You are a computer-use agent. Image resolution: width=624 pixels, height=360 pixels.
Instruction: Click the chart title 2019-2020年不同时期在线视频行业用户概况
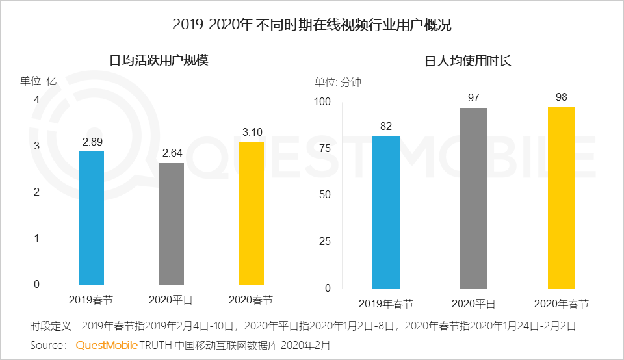[x=312, y=25]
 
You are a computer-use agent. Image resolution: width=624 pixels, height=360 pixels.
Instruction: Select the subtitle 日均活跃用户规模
[x=159, y=61]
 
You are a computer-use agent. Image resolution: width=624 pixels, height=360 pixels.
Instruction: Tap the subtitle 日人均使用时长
[x=468, y=61]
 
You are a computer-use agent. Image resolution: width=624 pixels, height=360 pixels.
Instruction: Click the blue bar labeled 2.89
[x=91, y=218]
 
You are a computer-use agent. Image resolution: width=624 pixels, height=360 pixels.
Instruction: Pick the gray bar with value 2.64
[x=172, y=224]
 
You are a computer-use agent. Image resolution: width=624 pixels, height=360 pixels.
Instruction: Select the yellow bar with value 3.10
[x=252, y=212]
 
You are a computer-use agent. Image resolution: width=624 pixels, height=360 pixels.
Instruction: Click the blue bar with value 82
[x=386, y=212]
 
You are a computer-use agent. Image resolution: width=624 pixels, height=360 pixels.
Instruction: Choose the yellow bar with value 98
[x=561, y=197]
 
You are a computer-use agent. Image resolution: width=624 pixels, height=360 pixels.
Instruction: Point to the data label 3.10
[x=252, y=132]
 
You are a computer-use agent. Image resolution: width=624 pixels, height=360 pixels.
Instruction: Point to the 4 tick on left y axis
[x=37, y=99]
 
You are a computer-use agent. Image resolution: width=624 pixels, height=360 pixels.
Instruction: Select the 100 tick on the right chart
[x=323, y=102]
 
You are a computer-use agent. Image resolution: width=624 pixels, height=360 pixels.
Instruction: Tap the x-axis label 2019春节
[x=91, y=300]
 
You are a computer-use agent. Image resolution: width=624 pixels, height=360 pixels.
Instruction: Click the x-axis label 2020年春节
[x=561, y=303]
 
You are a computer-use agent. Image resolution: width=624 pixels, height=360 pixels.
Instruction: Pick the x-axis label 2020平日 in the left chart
[x=172, y=300]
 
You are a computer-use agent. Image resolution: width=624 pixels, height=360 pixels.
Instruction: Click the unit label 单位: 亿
[x=39, y=81]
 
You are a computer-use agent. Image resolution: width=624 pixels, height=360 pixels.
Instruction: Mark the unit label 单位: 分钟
[x=337, y=82]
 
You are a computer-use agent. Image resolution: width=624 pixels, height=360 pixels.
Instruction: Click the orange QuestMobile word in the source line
[x=106, y=344]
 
